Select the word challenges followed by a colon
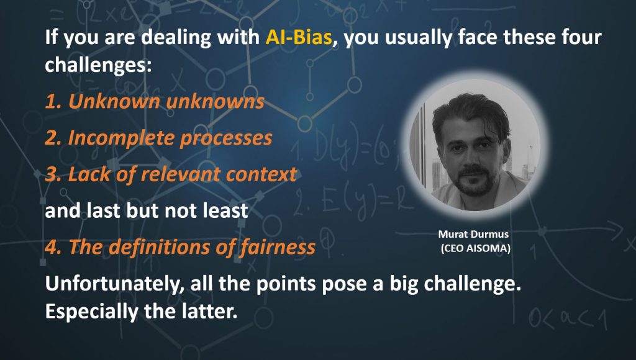[98, 65]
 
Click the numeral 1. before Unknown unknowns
[53, 101]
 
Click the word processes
[226, 138]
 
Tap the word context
[261, 174]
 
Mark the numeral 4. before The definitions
[53, 248]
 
